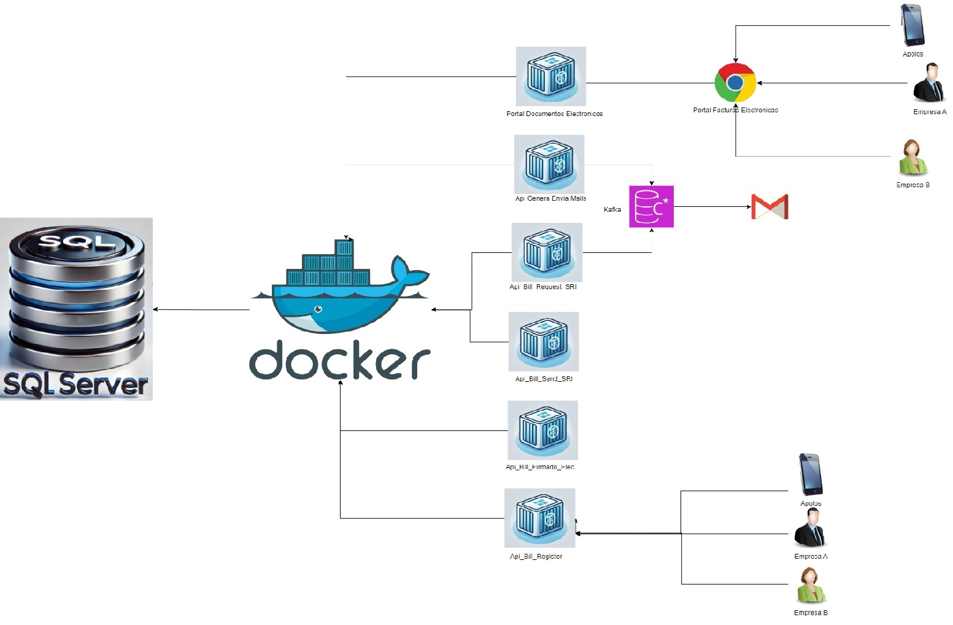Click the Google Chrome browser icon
click(x=735, y=82)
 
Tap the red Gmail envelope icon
click(x=770, y=207)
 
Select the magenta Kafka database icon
click(x=651, y=207)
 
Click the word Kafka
click(x=612, y=209)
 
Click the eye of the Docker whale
click(x=318, y=309)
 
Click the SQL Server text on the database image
click(x=75, y=384)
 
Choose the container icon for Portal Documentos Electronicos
click(x=551, y=76)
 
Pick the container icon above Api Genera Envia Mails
click(x=549, y=164)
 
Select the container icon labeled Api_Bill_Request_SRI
click(x=547, y=252)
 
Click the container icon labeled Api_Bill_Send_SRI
click(x=544, y=341)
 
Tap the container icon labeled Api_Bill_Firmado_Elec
click(x=542, y=430)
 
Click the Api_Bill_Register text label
click(x=536, y=556)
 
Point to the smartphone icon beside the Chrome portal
click(x=912, y=25)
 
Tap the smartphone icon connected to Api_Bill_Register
click(x=811, y=475)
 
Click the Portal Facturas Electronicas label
click(x=735, y=111)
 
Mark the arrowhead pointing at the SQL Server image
click(x=155, y=309)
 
